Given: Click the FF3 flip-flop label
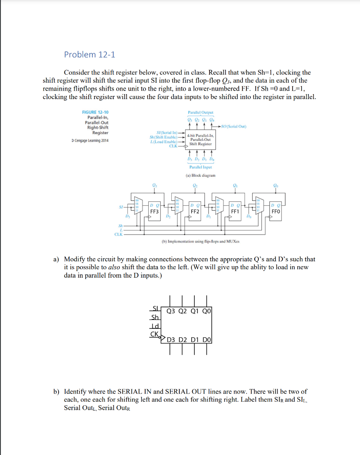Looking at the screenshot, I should click(x=154, y=212).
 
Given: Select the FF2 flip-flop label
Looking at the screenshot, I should click(x=194, y=212).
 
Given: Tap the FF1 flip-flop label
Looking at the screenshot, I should click(x=235, y=212).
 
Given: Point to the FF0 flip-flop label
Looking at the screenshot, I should click(x=276, y=212).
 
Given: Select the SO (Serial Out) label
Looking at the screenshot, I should click(x=236, y=126).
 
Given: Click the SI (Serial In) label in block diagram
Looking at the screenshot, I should click(x=168, y=133).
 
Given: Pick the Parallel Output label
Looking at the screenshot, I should click(x=201, y=112).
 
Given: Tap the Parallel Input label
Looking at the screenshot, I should click(x=201, y=167).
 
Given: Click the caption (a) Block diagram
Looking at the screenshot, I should click(x=201, y=176).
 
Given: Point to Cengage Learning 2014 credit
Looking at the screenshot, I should click(x=90, y=141).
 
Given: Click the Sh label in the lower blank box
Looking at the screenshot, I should click(x=154, y=318).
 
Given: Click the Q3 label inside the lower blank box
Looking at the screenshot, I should click(x=171, y=311).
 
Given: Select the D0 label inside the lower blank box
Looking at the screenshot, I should click(x=207, y=340).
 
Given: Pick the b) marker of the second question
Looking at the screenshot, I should click(x=56, y=391).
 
